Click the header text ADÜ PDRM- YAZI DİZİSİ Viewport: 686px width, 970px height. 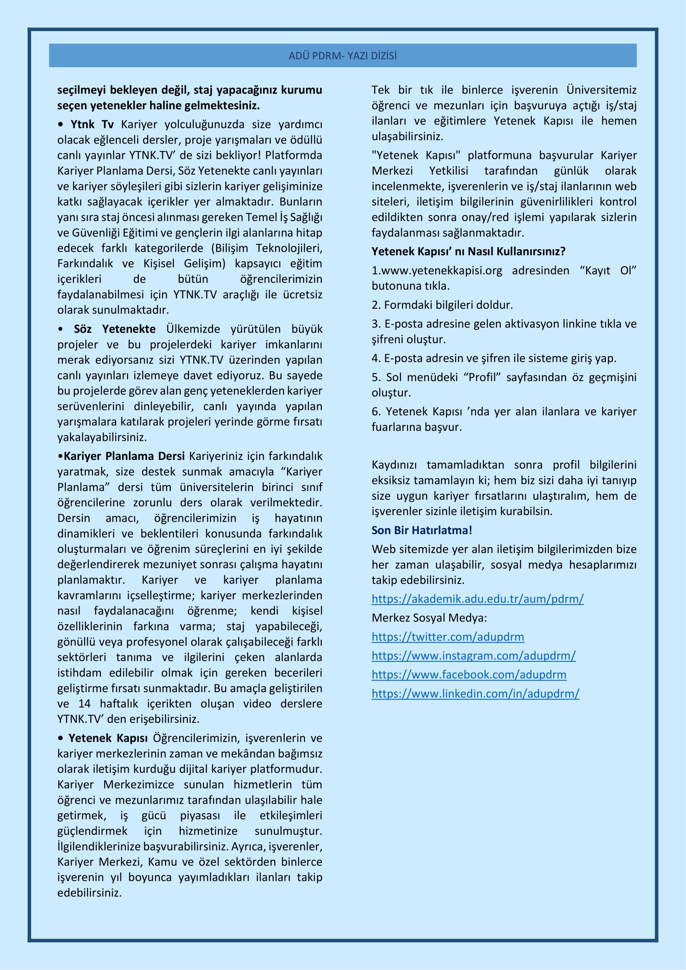pos(343,56)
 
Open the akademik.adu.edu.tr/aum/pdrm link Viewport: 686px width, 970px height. pos(477,599)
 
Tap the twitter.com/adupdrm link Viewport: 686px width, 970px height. pos(448,637)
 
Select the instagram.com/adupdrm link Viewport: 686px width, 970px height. pos(474,656)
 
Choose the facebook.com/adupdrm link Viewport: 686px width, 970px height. pos(469,674)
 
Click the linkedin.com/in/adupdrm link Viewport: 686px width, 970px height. pos(475,693)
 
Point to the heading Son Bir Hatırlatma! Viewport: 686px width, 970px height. pos(421,530)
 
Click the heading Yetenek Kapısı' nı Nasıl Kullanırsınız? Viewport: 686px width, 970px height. pos(468,251)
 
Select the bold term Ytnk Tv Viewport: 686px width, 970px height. pos(92,124)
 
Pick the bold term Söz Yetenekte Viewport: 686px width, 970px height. pos(114,329)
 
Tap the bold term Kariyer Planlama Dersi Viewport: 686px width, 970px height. pos(124,456)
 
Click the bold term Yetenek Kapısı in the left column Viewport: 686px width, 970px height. pos(108,738)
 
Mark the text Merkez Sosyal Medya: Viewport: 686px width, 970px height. pos(429,617)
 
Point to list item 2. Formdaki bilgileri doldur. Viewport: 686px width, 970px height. pos(442,305)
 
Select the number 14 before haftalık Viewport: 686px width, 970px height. pos(85,703)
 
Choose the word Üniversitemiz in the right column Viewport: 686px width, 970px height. pos(601,90)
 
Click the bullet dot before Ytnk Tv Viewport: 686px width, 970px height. pos(61,125)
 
